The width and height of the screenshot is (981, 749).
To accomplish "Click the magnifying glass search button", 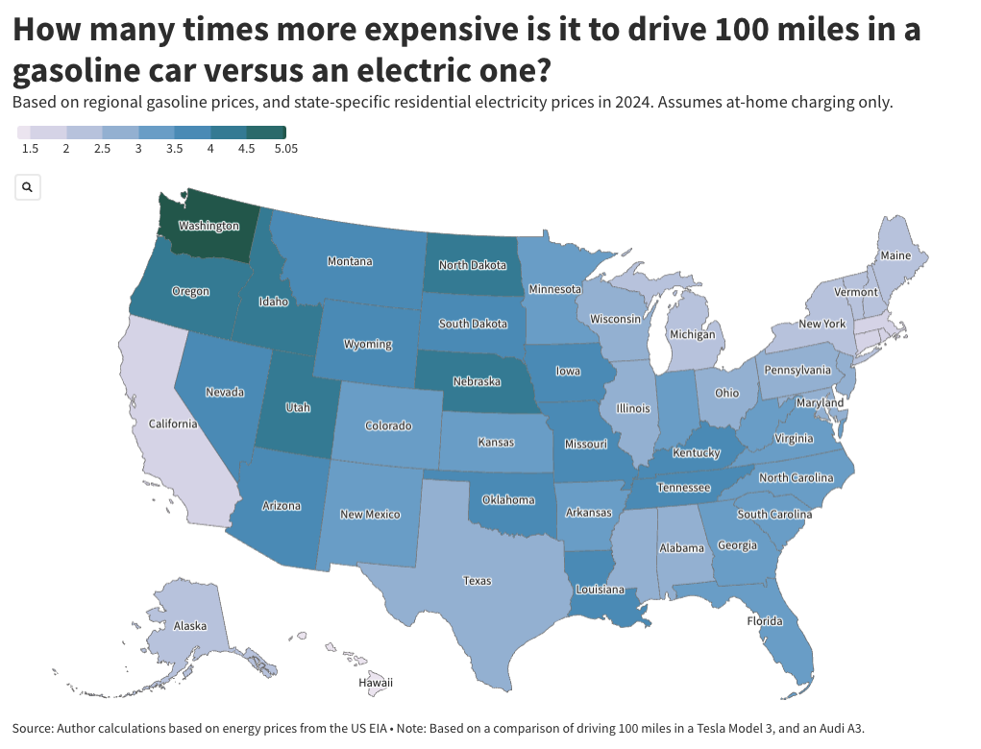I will [28, 187].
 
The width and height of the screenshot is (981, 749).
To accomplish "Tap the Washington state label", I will [208, 226].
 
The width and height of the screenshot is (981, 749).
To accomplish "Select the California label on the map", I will [173, 423].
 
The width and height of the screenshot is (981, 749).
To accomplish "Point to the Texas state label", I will [477, 581].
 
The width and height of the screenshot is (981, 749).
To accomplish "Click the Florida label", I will [765, 621].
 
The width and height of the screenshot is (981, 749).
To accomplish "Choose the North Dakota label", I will [473, 265].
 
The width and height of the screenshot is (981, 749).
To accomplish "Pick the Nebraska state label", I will [477, 381].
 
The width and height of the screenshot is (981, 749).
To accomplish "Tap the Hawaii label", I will [376, 683].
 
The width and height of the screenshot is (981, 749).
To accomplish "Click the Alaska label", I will [190, 626].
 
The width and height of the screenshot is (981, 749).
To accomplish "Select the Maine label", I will [895, 256].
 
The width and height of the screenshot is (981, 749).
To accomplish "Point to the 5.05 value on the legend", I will [285, 149].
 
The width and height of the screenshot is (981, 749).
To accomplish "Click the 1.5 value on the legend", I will [30, 149].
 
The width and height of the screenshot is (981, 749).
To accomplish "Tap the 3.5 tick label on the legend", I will [175, 149].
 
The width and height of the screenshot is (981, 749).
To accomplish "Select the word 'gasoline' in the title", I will [75, 71].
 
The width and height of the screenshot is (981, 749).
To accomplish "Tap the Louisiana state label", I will [601, 590].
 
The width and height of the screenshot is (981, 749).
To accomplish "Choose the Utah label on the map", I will [298, 407].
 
